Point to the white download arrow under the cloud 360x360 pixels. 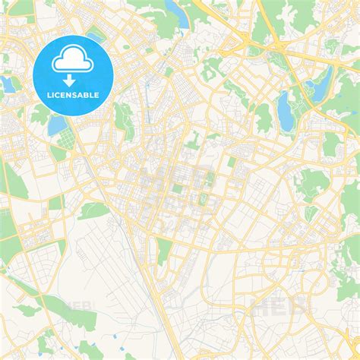pyautogui.click(x=68, y=80)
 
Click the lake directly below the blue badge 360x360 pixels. pyautogui.click(x=56, y=125)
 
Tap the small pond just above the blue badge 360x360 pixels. pyautogui.click(x=95, y=36)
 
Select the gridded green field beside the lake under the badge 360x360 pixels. pyautogui.click(x=68, y=140)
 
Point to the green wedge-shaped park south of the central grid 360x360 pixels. pyautogui.click(x=163, y=251)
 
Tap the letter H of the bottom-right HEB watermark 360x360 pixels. pyautogui.click(x=259, y=305)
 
